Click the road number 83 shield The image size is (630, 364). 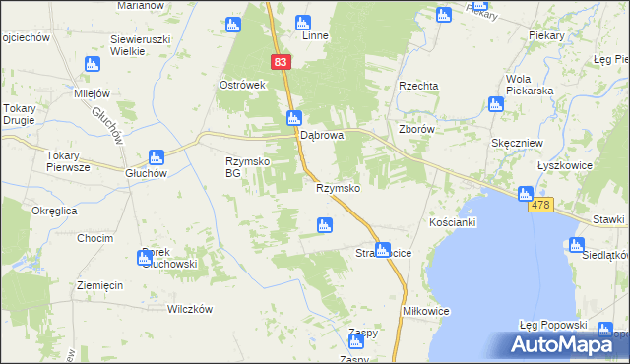tap(282, 61)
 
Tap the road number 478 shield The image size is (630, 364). tap(544, 204)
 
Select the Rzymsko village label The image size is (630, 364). tap(338, 188)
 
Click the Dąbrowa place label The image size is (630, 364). tap(321, 136)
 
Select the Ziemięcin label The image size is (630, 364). tap(99, 285)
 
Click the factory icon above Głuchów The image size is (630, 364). tap(156, 156)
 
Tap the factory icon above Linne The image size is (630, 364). tap(302, 21)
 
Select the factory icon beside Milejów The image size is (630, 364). tap(92, 64)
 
